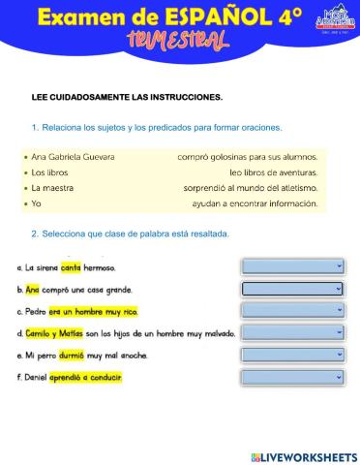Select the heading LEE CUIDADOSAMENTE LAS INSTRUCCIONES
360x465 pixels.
[x=127, y=97]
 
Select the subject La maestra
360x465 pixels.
[x=53, y=188]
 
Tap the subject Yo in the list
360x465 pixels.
[x=37, y=203]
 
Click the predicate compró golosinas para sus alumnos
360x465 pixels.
[x=247, y=156]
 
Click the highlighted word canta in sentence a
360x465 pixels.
[x=71, y=266]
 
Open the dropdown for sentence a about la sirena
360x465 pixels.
[x=292, y=265]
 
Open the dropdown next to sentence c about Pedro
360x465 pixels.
[x=292, y=310]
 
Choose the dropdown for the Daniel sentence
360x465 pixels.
[x=292, y=377]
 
